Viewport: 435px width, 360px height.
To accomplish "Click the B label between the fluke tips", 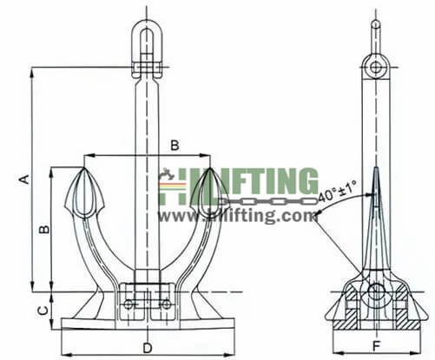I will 175,145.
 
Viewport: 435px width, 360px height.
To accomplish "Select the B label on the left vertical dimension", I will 41,230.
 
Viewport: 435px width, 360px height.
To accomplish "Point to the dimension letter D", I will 147,348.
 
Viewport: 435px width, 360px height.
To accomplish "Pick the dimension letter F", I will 375,348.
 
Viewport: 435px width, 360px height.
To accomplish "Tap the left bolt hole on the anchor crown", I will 129,304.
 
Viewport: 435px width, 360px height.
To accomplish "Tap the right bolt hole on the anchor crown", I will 165,304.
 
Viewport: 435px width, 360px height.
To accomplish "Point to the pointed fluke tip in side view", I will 375,170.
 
